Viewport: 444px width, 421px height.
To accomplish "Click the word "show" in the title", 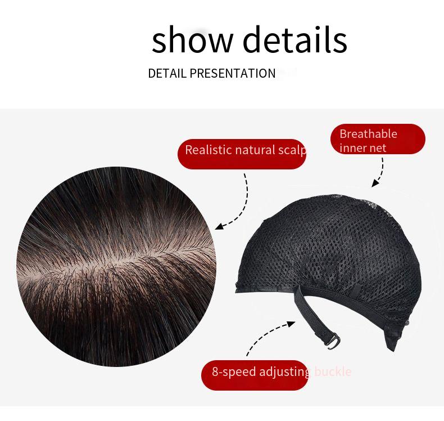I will click(x=192, y=40).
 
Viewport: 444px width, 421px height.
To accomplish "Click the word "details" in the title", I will click(x=295, y=40).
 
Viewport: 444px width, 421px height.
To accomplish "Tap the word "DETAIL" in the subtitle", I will click(x=167, y=74).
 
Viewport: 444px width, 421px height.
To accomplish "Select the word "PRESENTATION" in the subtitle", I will click(x=232, y=74).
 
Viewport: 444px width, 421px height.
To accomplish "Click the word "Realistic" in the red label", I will click(x=209, y=150).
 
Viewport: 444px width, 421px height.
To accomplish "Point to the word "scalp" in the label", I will click(x=292, y=150).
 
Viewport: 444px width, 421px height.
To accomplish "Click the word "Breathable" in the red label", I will click(x=368, y=134).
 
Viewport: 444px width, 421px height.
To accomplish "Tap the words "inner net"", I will click(x=363, y=147).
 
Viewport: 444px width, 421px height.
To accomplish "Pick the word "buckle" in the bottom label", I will click(x=333, y=371).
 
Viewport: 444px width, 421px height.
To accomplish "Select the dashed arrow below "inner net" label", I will click(x=379, y=173).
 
